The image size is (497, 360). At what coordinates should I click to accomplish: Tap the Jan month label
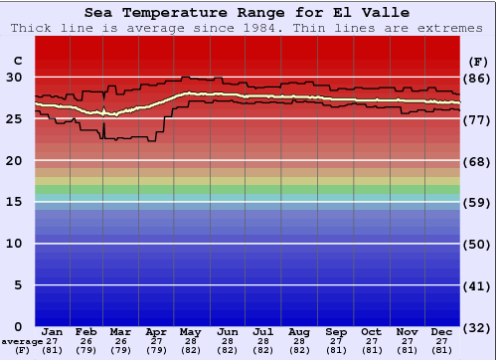(53, 331)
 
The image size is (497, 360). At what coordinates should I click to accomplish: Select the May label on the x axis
(190, 331)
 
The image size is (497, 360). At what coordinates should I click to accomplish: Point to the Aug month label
(299, 331)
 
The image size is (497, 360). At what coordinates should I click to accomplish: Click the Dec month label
(442, 331)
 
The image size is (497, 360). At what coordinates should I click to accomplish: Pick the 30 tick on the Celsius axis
(15, 78)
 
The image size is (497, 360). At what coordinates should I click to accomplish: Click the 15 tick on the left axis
(15, 202)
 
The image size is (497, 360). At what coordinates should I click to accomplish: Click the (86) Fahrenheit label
(476, 78)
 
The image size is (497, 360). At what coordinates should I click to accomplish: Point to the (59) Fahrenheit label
(476, 202)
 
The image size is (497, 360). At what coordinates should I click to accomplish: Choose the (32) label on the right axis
(476, 326)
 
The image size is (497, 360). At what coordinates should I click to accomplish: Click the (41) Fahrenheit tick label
(476, 285)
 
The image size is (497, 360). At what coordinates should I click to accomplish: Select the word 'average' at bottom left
(22, 340)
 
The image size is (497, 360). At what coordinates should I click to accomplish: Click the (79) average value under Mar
(121, 349)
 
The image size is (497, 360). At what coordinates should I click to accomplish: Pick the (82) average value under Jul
(262, 349)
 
